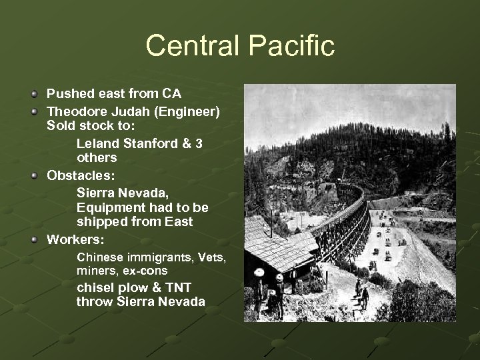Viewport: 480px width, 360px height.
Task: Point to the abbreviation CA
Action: (171, 93)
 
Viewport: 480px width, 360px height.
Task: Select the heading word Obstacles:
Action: (78, 175)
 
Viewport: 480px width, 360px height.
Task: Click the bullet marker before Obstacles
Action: (34, 175)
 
